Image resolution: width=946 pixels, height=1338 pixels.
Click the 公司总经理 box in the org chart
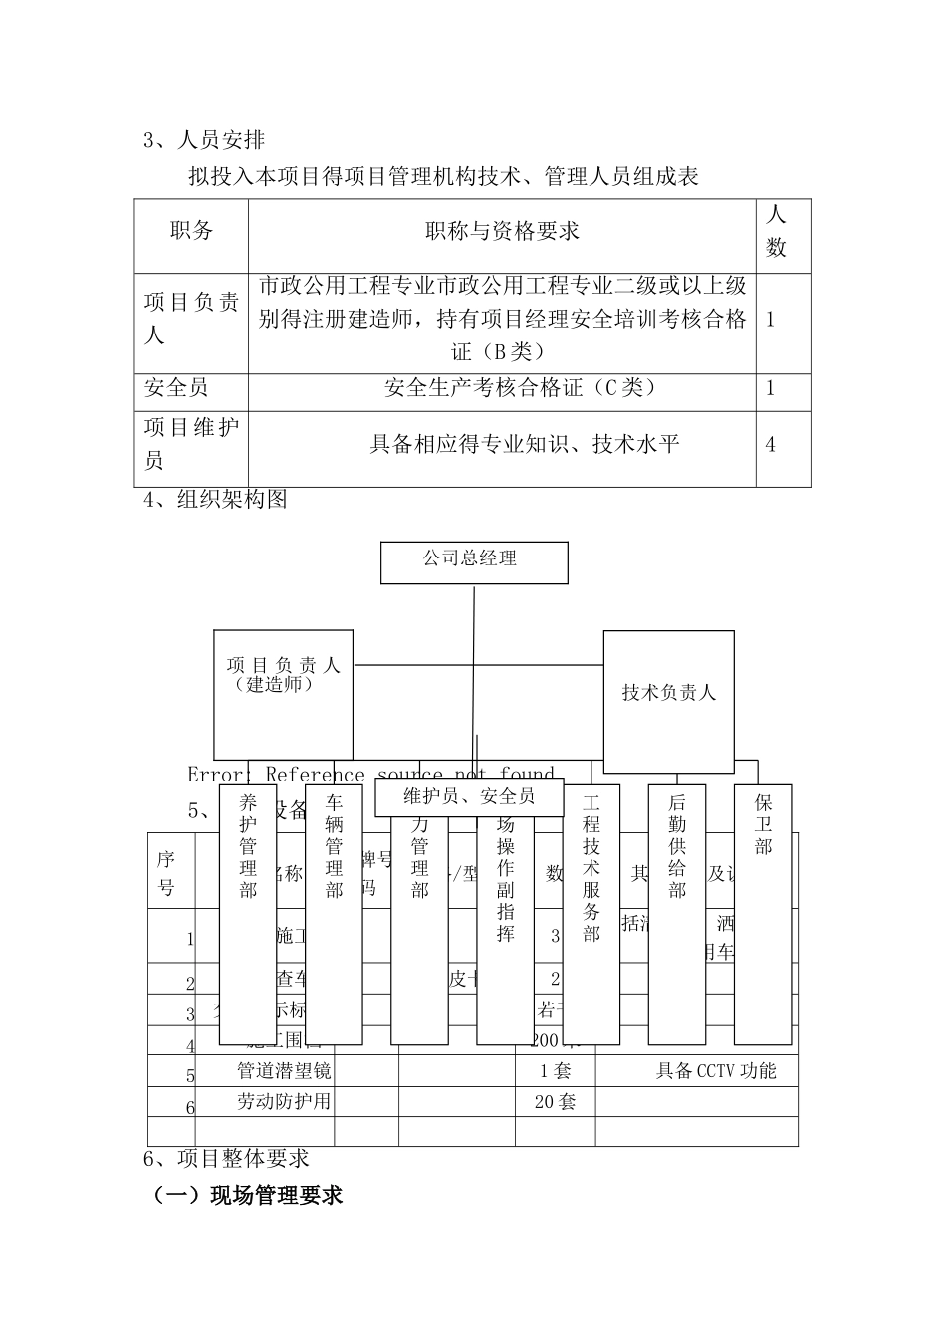(x=474, y=561)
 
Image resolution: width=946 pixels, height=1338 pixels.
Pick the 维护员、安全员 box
(x=469, y=796)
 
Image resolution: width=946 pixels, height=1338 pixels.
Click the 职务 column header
(x=191, y=232)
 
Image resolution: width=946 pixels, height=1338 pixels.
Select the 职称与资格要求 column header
(x=502, y=232)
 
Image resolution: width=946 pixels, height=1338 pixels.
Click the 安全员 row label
(x=177, y=387)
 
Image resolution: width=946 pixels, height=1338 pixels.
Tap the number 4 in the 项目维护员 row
(x=771, y=444)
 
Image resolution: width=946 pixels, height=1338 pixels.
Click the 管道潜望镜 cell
(x=284, y=1071)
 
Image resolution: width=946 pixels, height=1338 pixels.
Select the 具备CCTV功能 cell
(x=715, y=1071)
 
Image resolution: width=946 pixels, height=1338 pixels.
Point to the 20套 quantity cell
(x=555, y=1101)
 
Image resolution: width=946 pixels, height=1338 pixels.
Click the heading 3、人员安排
(x=204, y=140)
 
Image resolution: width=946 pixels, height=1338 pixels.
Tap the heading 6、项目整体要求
(x=227, y=1158)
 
